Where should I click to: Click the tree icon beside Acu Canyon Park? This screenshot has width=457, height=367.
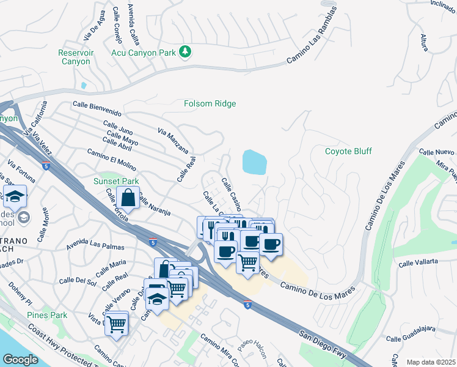pyautogui.click(x=185, y=53)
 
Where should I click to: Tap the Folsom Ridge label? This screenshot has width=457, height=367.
pyautogui.click(x=210, y=103)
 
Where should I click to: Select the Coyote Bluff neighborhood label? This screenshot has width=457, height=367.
pyautogui.click(x=348, y=151)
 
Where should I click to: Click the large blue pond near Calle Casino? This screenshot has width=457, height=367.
pyautogui.click(x=254, y=162)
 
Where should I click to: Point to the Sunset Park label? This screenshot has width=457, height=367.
pyautogui.click(x=116, y=181)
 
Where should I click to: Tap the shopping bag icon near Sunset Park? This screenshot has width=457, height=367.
pyautogui.click(x=128, y=198)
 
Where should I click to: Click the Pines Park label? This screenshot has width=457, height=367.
pyautogui.click(x=47, y=315)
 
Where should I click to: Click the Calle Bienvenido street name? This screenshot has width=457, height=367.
pyautogui.click(x=97, y=109)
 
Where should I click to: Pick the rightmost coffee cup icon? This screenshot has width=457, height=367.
pyautogui.click(x=271, y=244)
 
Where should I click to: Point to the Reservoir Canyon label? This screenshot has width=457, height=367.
pyautogui.click(x=76, y=57)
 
